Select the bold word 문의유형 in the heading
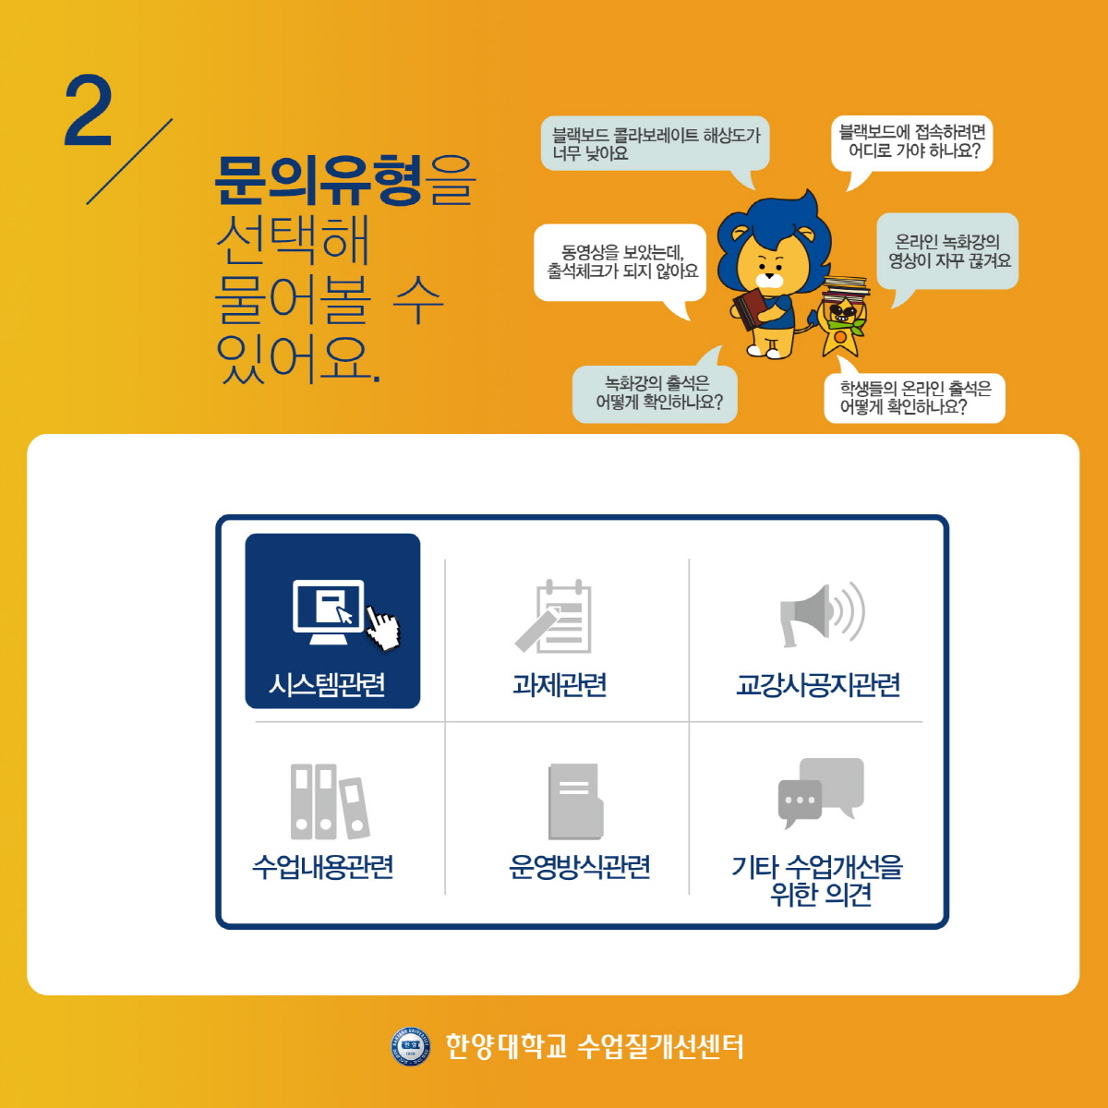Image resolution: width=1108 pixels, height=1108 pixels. click(x=318, y=180)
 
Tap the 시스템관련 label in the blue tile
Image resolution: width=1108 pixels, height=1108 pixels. click(x=327, y=684)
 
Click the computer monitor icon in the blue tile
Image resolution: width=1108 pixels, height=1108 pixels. click(x=329, y=612)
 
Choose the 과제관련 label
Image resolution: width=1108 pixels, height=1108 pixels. click(x=560, y=684)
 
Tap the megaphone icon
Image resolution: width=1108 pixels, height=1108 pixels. click(x=822, y=613)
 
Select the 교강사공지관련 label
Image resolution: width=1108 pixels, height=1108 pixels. click(x=818, y=684)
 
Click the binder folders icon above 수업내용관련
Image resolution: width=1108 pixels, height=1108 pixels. click(x=330, y=801)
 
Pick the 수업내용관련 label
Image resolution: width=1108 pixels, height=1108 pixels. click(x=322, y=866)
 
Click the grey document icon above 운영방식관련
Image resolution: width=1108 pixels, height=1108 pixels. click(x=575, y=801)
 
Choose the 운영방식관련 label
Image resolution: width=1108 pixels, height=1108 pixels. click(x=580, y=866)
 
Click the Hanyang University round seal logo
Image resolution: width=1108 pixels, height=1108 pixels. click(x=410, y=1046)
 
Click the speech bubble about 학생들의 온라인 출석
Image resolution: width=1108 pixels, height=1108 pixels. click(x=914, y=397)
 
